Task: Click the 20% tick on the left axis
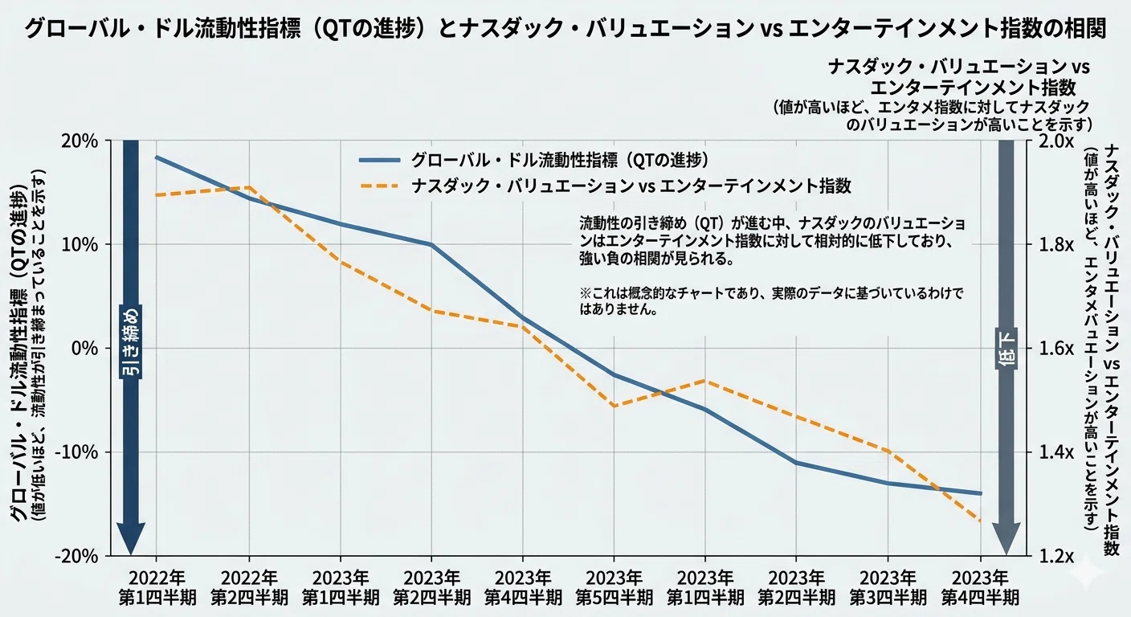(x=79, y=141)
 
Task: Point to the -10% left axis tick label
(x=76, y=452)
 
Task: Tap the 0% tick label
(x=84, y=349)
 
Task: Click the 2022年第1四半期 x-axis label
(x=157, y=587)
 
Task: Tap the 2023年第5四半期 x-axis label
(x=614, y=587)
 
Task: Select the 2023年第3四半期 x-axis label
(x=888, y=587)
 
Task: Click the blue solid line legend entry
(x=533, y=160)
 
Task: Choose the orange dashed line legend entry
(x=606, y=186)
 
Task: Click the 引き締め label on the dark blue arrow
(x=131, y=341)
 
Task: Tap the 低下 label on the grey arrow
(x=1006, y=349)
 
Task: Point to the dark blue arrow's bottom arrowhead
(x=131, y=538)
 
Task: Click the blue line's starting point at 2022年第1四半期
(x=156, y=157)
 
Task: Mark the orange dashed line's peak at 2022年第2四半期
(x=249, y=187)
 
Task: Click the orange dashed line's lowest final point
(x=980, y=521)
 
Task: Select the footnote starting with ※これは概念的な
(x=771, y=301)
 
